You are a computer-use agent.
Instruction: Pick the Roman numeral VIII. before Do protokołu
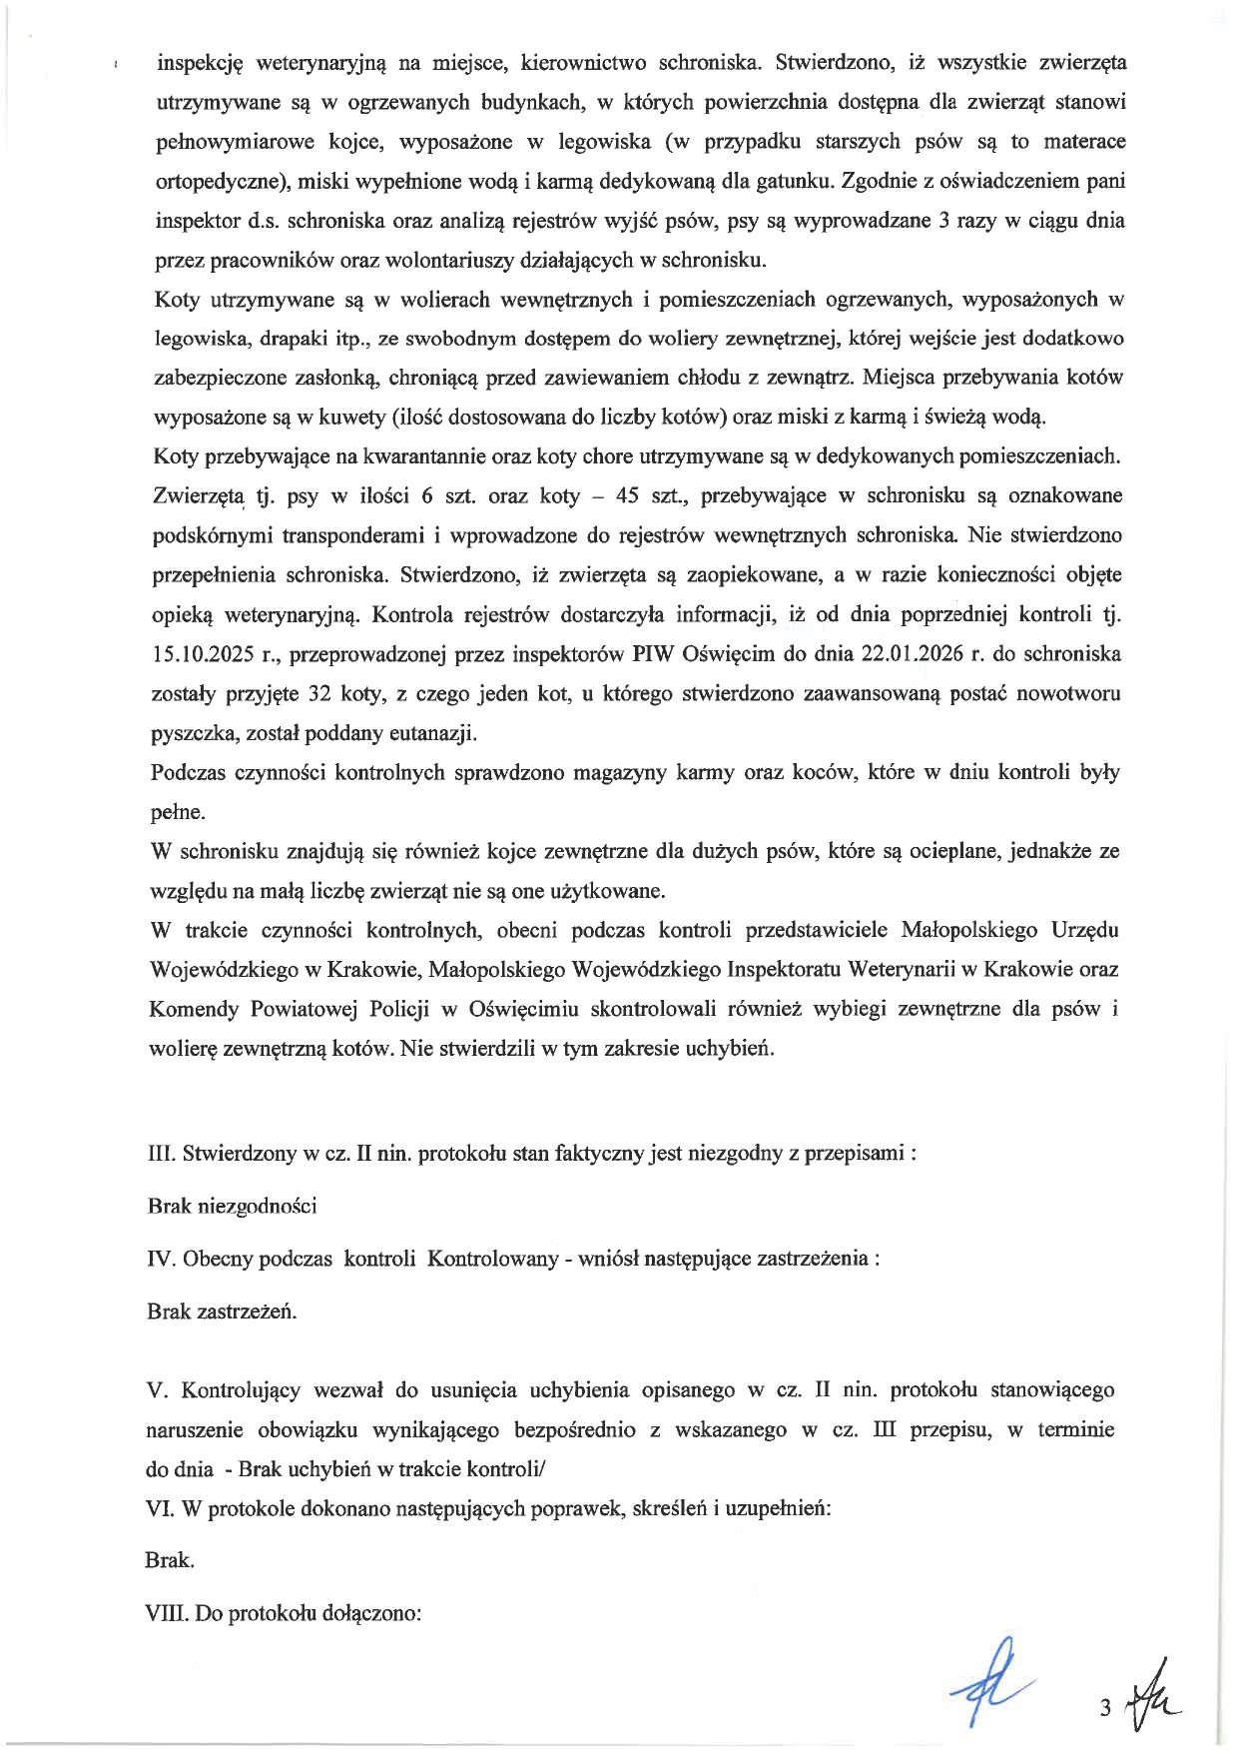168,1614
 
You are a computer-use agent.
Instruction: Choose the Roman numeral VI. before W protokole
160,1509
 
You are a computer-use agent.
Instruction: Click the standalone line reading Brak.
170,1561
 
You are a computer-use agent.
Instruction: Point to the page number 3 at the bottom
1105,1709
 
